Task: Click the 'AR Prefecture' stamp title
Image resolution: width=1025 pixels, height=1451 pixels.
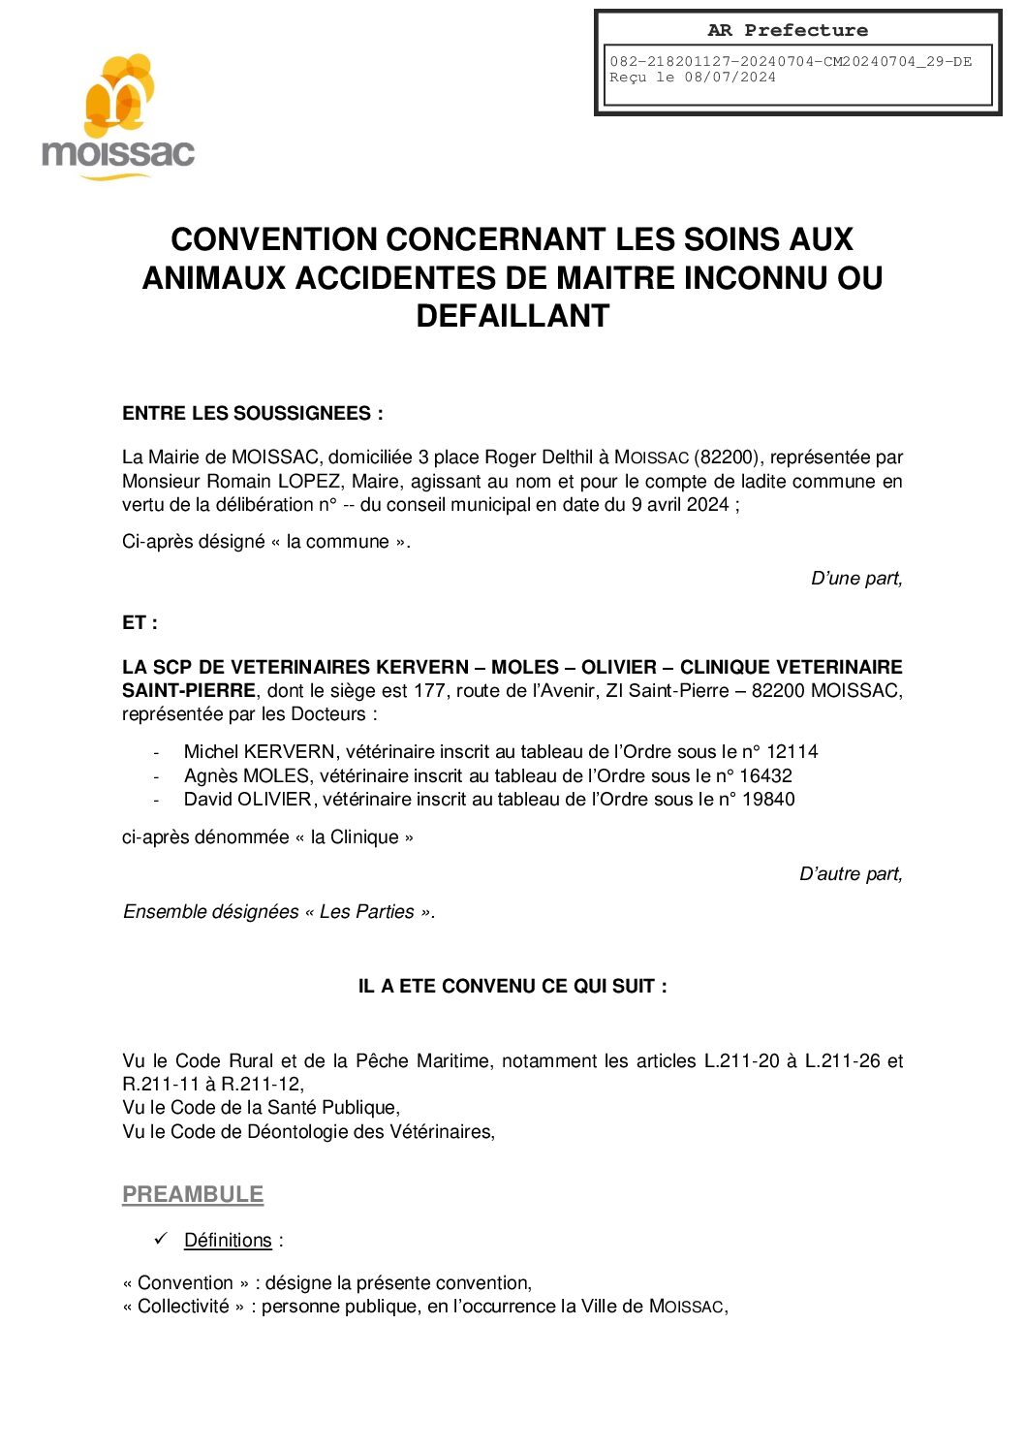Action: tap(787, 30)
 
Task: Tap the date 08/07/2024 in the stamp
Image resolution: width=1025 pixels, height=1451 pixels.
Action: tap(730, 78)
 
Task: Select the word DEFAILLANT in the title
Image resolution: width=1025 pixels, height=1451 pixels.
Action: tap(512, 316)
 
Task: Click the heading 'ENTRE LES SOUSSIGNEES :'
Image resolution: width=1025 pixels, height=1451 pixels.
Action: tap(252, 414)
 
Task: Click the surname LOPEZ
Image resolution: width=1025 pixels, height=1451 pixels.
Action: tap(309, 482)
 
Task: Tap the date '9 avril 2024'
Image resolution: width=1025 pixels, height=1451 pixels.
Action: tap(680, 505)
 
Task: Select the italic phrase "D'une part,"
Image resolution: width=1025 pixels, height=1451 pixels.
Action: tap(855, 579)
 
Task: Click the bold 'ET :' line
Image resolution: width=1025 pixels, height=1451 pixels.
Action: tap(140, 623)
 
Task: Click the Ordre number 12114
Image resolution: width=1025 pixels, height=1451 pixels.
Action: tap(792, 752)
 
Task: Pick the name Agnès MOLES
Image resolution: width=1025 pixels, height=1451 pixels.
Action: tap(247, 776)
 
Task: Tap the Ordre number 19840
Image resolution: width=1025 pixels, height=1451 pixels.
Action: tap(768, 800)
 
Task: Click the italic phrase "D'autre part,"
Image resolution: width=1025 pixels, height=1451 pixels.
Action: tap(850, 874)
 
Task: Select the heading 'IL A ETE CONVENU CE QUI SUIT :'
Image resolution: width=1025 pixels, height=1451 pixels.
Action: tap(512, 987)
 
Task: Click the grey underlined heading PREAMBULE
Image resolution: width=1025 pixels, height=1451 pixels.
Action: tap(193, 1195)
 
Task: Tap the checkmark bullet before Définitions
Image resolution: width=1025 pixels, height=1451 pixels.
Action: tap(161, 1240)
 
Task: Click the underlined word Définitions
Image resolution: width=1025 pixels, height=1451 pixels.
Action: tap(228, 1241)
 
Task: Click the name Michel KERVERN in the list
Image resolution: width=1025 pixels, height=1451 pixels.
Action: tap(260, 752)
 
